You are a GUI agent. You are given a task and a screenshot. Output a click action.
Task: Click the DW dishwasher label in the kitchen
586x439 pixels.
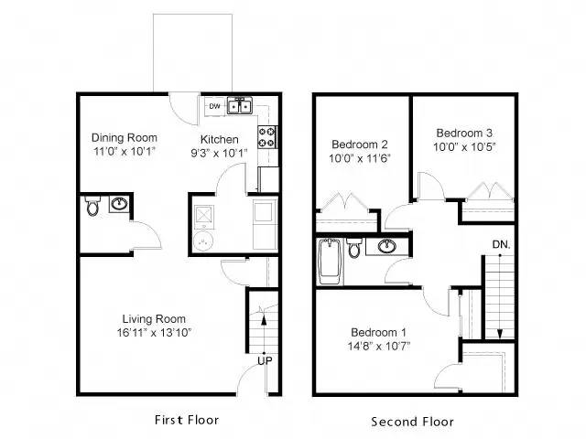[x=214, y=107]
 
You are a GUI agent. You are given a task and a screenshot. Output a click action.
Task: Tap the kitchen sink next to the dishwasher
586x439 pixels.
[x=240, y=107]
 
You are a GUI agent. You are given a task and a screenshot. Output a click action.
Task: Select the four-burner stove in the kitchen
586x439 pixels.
[x=266, y=138]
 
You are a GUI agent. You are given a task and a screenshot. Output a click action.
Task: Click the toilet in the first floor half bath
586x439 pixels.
[x=92, y=206]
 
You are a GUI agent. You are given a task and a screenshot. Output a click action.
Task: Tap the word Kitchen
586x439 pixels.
[x=221, y=139]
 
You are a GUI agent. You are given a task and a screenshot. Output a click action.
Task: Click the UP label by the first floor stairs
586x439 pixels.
[x=265, y=360]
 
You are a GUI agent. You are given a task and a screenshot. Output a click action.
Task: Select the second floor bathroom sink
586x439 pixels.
[x=386, y=247]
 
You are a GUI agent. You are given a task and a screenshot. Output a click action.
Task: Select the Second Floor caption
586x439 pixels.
[x=412, y=422]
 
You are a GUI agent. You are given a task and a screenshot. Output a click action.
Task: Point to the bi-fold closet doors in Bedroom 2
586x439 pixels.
[x=344, y=202]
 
